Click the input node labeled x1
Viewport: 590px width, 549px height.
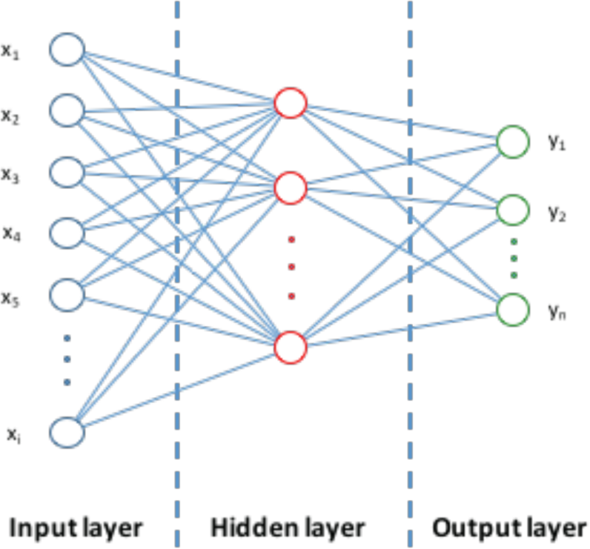(67, 50)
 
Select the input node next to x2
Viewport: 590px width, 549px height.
(67, 111)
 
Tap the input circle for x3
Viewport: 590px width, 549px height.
(67, 172)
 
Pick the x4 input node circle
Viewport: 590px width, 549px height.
(67, 233)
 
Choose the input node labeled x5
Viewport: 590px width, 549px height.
(67, 294)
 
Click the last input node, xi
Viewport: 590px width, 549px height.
(67, 432)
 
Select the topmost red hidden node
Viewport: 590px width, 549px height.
(290, 104)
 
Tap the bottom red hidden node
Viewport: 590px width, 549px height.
(290, 347)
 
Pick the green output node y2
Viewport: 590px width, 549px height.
(513, 210)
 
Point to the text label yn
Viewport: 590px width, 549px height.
(555, 312)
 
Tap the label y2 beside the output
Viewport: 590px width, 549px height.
(555, 214)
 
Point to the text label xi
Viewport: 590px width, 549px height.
(12, 435)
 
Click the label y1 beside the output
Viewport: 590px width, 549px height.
(555, 144)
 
